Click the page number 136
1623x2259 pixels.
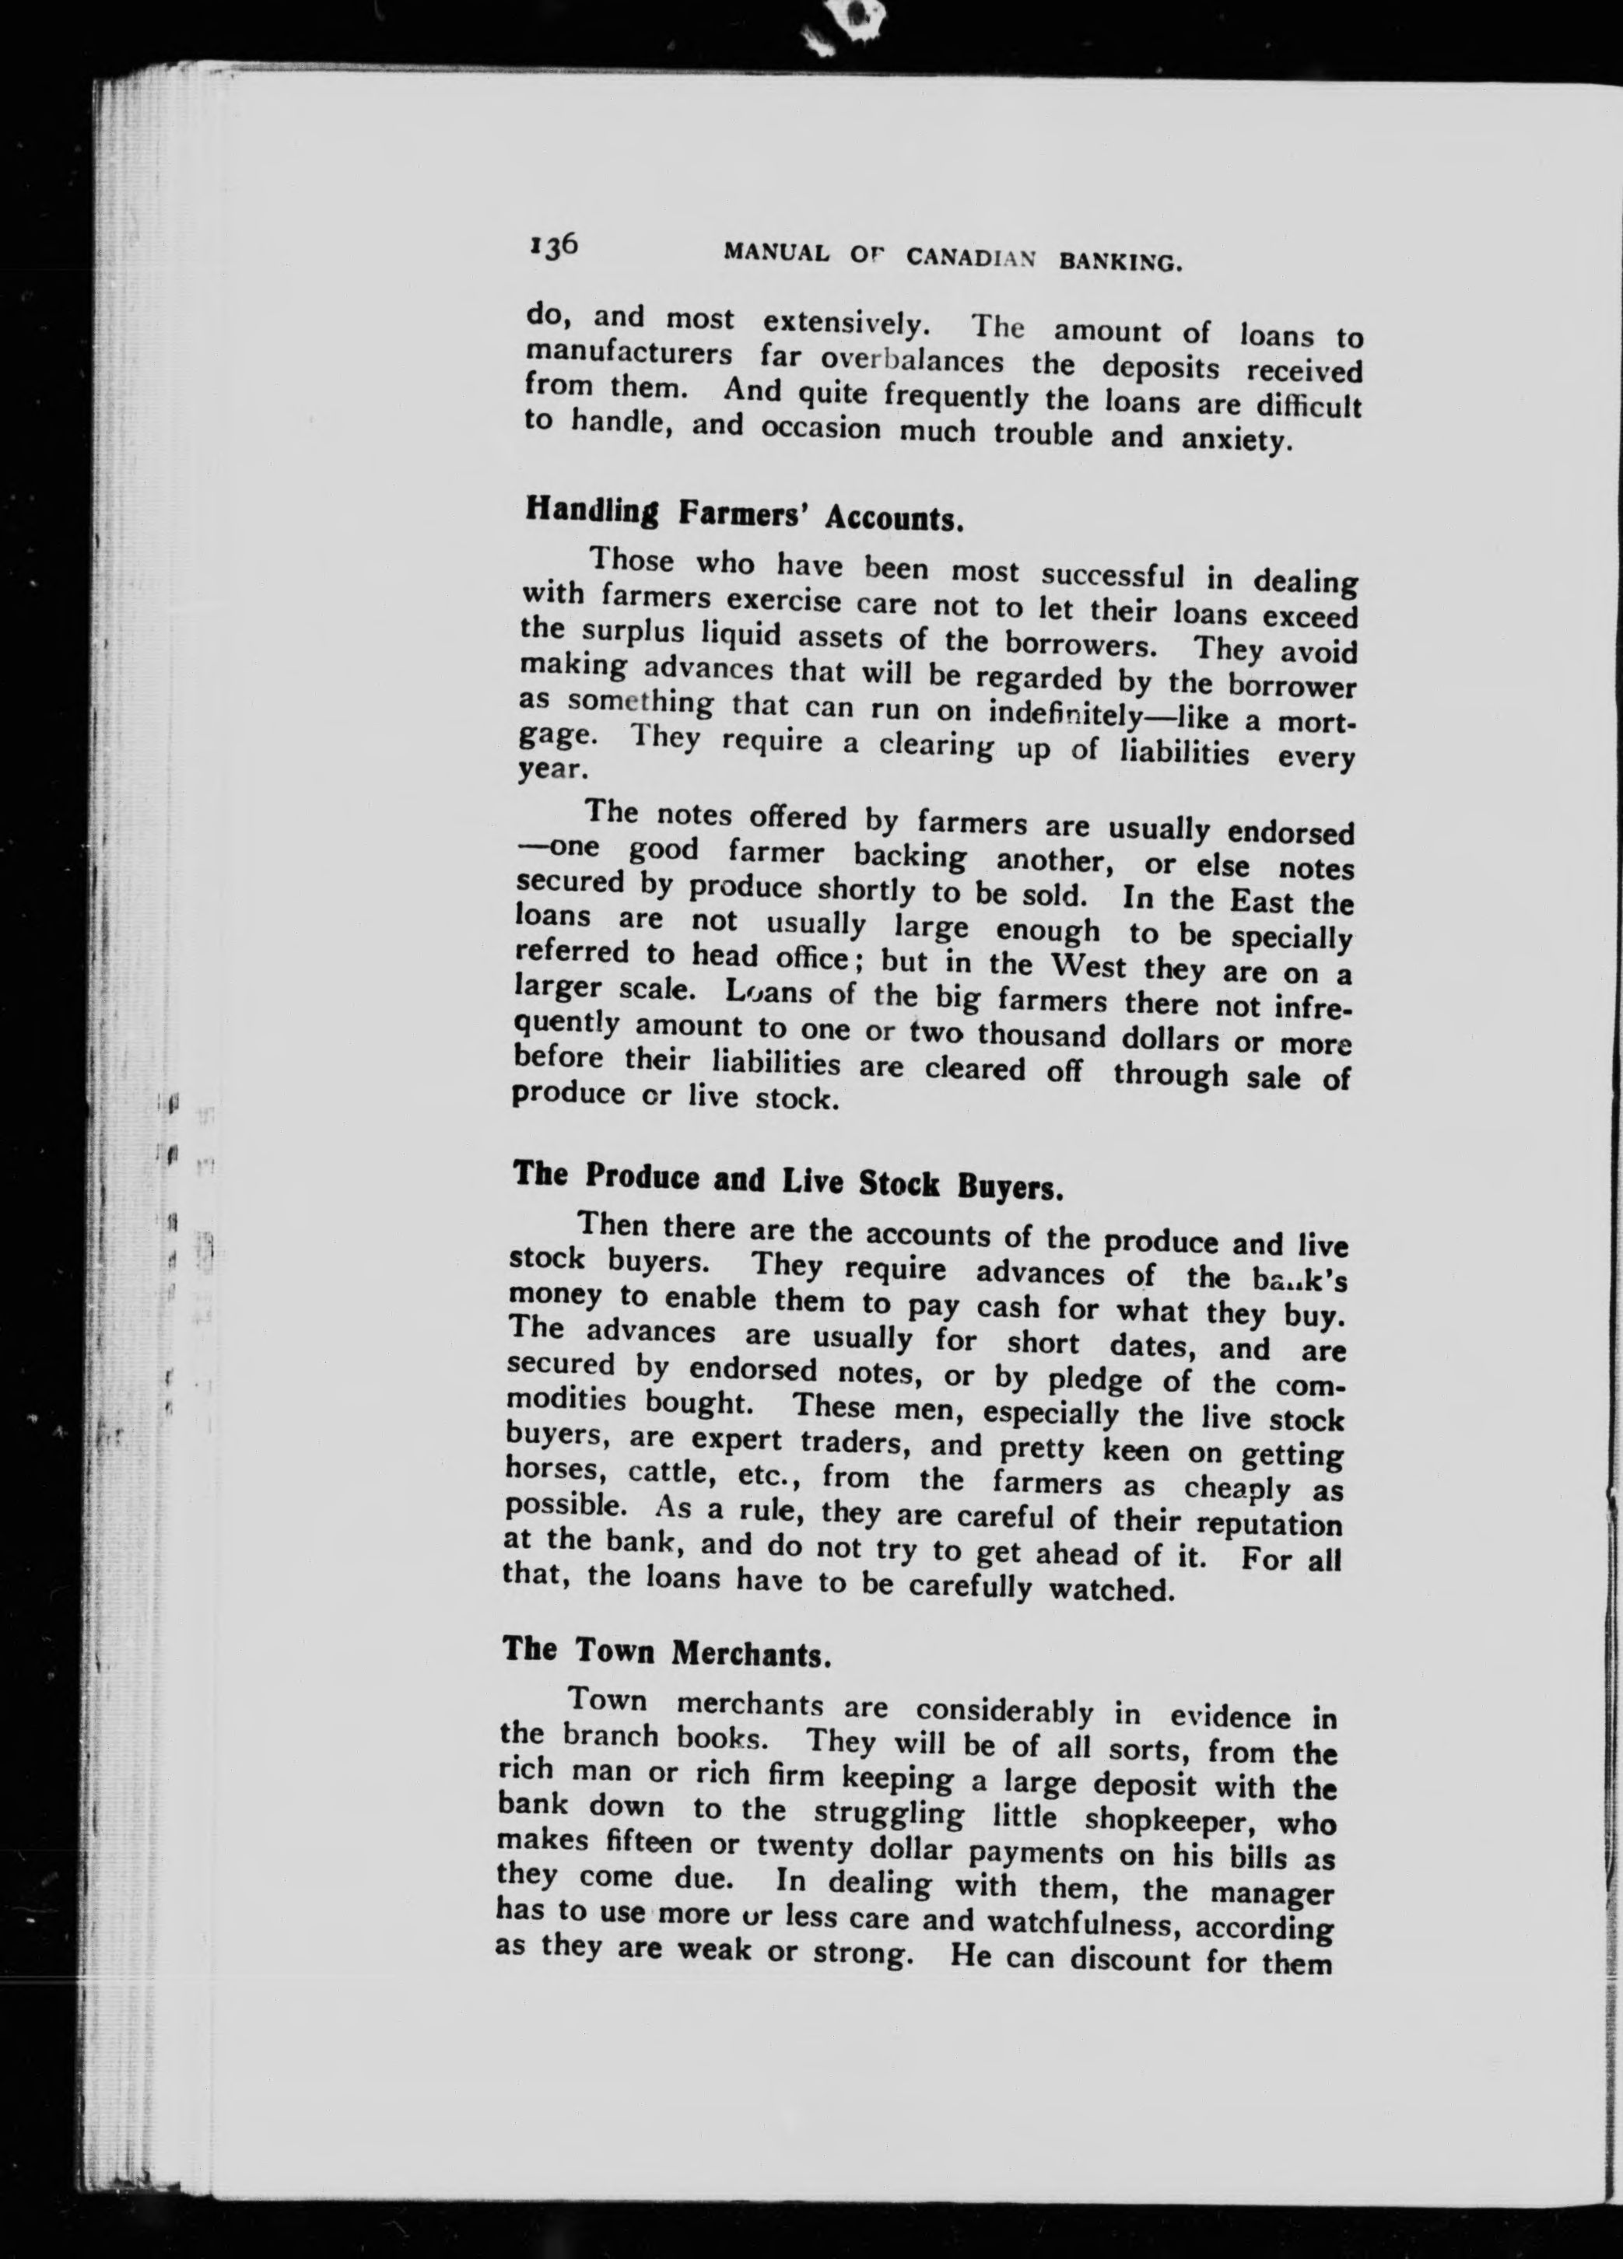tap(554, 245)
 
